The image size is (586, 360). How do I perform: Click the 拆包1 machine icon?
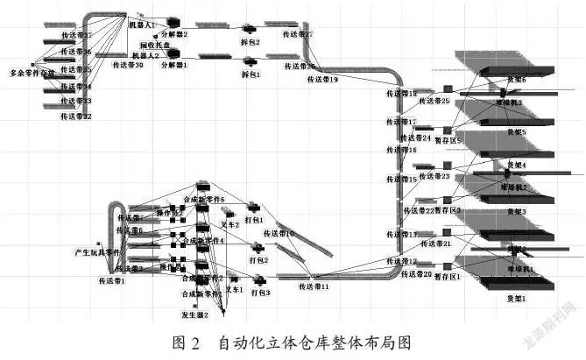tap(250, 61)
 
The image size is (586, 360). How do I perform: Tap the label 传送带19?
tap(323, 80)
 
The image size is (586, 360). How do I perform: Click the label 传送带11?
tap(314, 286)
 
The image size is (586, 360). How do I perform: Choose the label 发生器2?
tap(194, 314)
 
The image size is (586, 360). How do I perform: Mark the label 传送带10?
tap(278, 234)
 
